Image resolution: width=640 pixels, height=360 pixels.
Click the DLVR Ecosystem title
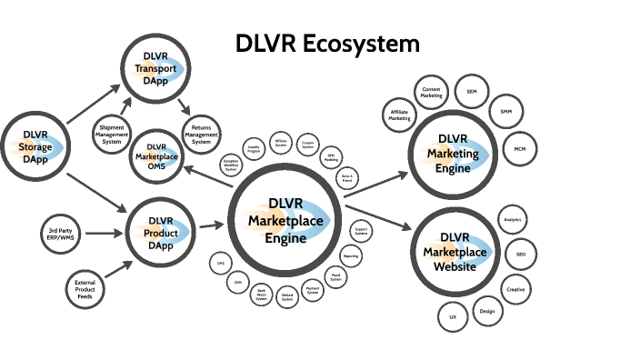coord(328,43)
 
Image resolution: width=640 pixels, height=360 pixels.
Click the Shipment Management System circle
coord(112,134)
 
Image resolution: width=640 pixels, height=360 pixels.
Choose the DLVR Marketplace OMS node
coord(156,154)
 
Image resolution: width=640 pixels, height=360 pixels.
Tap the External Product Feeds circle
coord(85,290)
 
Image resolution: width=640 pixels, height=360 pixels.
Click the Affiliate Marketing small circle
coord(400,115)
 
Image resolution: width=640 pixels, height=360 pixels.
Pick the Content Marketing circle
coord(432,91)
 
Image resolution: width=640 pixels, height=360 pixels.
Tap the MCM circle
coord(519,148)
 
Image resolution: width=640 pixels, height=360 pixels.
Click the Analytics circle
coord(512,220)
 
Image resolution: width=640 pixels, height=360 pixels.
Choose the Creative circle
coord(515,289)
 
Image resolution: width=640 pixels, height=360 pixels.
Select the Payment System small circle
coord(312,291)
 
